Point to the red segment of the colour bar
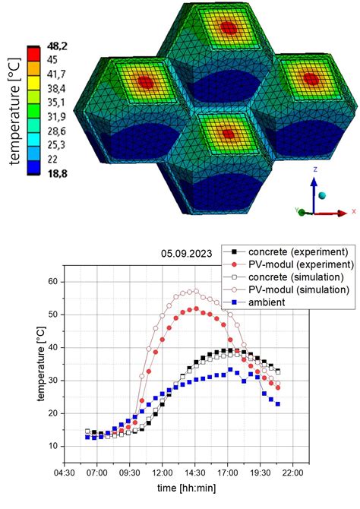[x=35, y=52]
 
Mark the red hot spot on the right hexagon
[x=310, y=77]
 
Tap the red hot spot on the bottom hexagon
[x=228, y=134]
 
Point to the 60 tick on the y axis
[x=73, y=281]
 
